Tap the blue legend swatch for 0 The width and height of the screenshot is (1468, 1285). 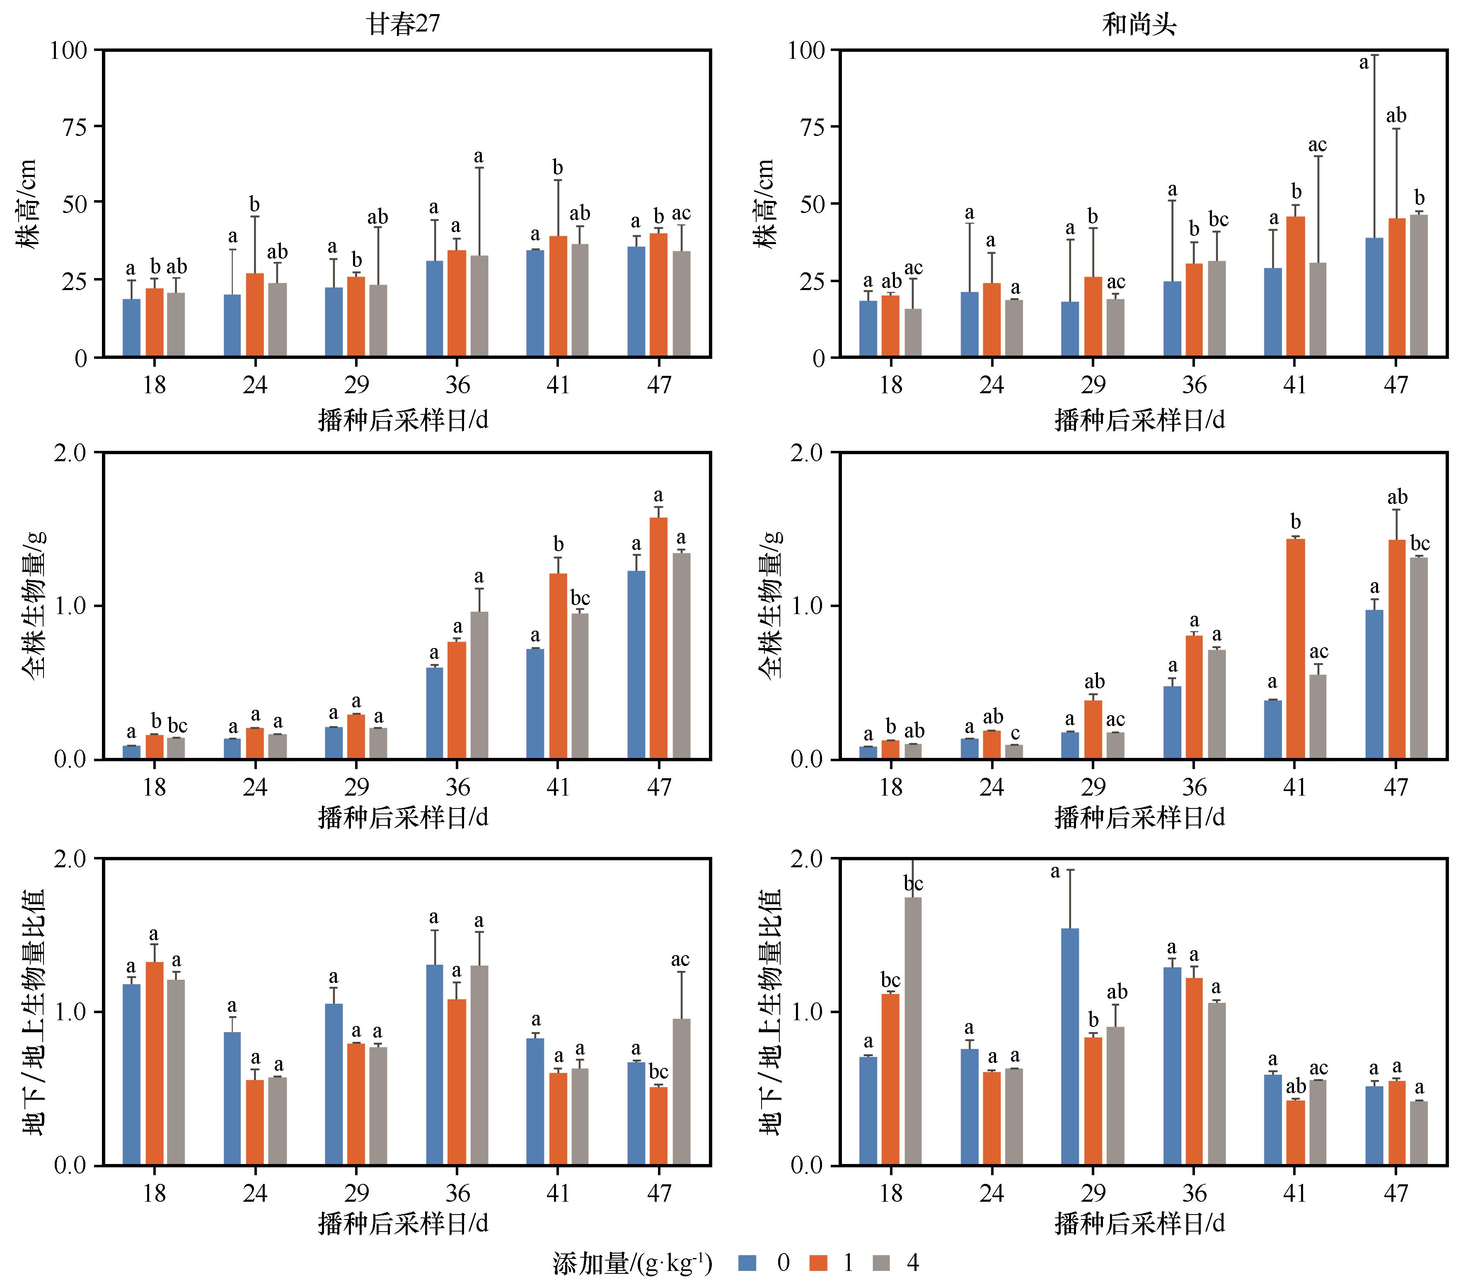(748, 1263)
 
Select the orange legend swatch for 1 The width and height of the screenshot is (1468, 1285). (818, 1263)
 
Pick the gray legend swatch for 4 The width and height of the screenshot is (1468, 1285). (881, 1263)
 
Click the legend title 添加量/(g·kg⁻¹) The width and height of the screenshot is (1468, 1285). (633, 1263)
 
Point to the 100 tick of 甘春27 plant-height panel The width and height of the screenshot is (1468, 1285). (69, 50)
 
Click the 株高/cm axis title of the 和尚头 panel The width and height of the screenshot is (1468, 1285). (766, 203)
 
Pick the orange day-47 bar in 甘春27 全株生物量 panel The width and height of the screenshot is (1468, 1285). (658, 638)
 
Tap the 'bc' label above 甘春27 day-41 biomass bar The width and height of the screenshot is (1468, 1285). (580, 598)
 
